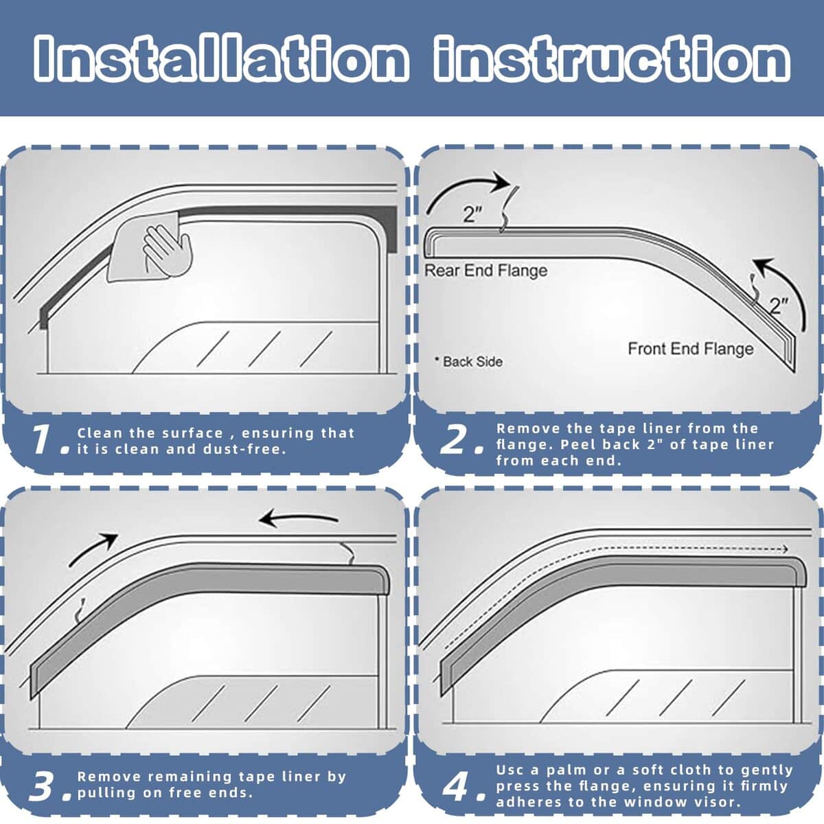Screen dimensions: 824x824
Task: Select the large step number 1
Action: coord(42,439)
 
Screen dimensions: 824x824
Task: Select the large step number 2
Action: coord(453,441)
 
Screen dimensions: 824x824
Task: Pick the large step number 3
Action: coord(43,787)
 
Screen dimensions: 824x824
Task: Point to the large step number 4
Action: coord(455,787)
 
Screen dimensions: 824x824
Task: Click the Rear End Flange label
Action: coord(486,271)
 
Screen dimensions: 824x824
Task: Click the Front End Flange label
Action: coord(690,349)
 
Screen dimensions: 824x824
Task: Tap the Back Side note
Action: coord(469,361)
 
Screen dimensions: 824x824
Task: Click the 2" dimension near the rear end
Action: coord(472,215)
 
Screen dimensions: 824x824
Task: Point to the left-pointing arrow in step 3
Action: coord(299,518)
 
